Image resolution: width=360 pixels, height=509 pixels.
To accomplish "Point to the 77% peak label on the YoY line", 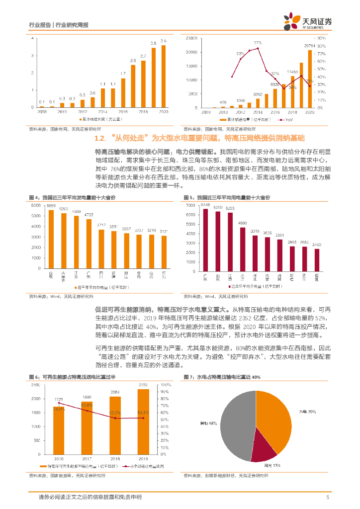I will point(258,43).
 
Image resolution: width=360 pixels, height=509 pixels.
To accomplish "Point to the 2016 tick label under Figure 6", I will point(59,457).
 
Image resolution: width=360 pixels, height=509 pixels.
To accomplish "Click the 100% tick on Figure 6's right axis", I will point(166,384).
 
